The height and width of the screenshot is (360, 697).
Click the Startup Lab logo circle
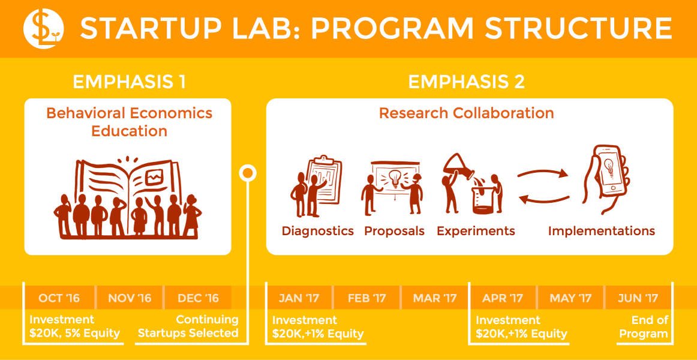[x=43, y=29]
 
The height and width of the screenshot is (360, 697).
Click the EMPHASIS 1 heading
[x=129, y=82]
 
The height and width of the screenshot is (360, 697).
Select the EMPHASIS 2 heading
[x=466, y=82]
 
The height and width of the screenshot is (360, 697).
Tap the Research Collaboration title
[x=466, y=113]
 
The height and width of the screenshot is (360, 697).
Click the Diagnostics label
[x=318, y=231]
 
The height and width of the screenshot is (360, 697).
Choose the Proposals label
[x=394, y=231]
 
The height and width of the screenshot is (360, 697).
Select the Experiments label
[x=476, y=231]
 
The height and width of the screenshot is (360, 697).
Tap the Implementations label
[x=601, y=231]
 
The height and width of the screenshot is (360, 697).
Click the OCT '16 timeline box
[x=59, y=298]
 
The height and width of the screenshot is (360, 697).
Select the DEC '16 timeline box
[x=198, y=298]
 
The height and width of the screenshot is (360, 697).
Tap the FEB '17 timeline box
[x=366, y=298]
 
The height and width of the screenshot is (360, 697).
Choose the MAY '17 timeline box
[x=570, y=298]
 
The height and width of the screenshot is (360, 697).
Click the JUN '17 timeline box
[x=638, y=298]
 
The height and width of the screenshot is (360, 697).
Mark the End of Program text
[x=644, y=327]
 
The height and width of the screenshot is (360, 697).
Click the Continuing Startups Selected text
[x=188, y=327]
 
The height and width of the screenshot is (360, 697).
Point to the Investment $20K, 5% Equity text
[x=74, y=327]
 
